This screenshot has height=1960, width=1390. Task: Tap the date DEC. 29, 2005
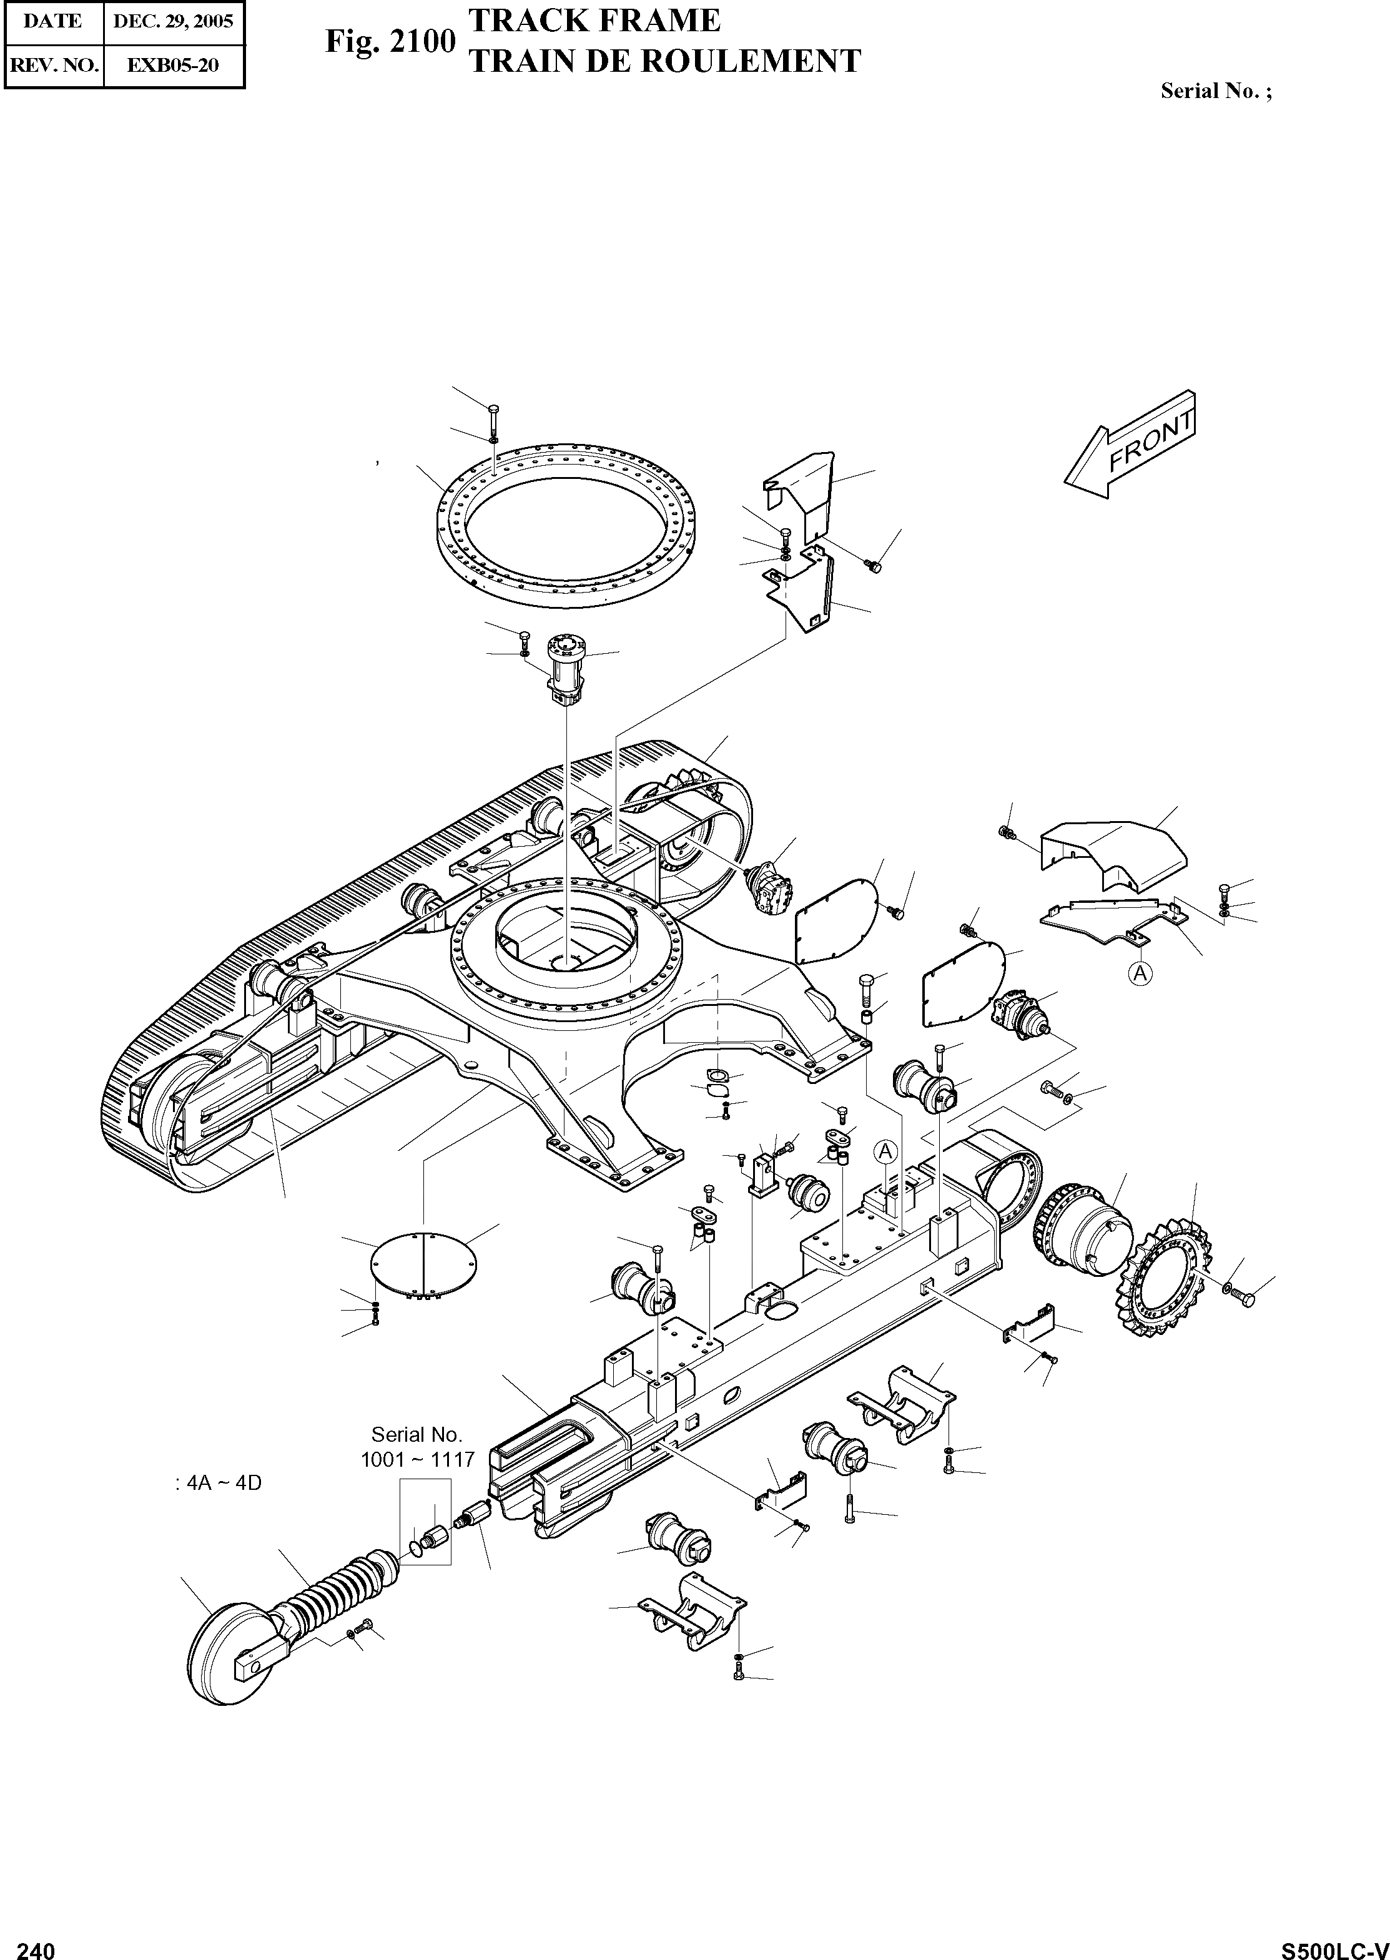pyautogui.click(x=173, y=21)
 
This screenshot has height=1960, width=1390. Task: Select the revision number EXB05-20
pyautogui.click(x=173, y=65)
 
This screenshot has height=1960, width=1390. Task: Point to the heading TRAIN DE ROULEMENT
pyautogui.click(x=665, y=61)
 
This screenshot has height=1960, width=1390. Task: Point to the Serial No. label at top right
pyautogui.click(x=1215, y=91)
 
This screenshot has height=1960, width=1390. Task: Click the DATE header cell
pyautogui.click(x=53, y=21)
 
